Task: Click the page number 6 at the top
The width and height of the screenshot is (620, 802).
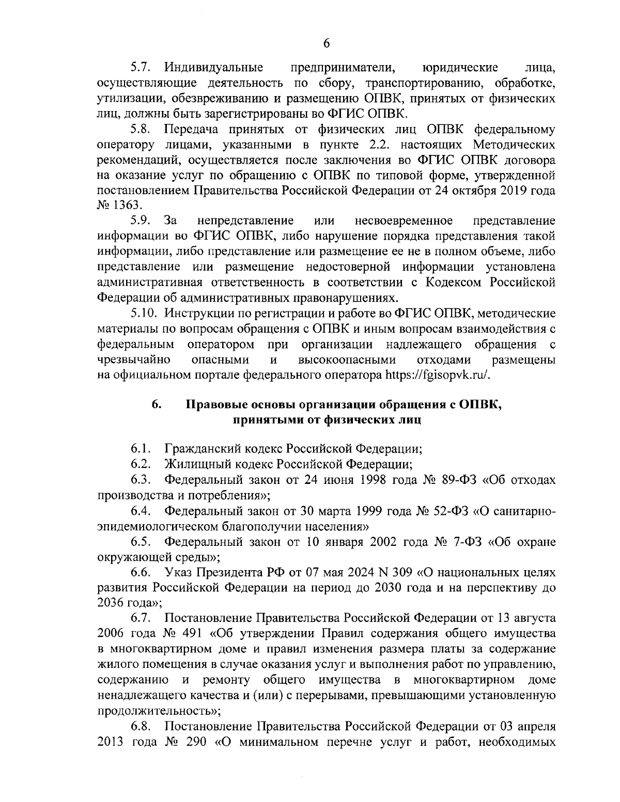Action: pos(326,43)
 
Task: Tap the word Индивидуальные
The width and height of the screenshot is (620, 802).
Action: pos(213,67)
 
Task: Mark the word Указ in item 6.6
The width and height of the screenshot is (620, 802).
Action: pos(178,573)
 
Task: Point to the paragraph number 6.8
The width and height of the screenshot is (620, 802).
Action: pos(140,727)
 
